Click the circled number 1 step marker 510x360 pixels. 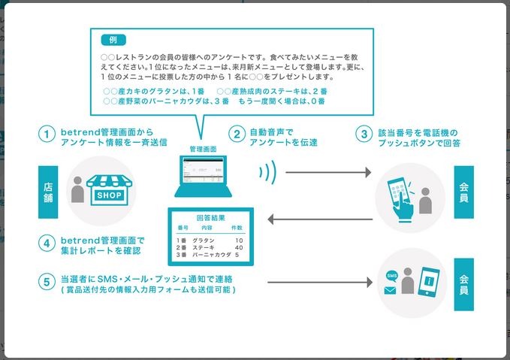point(48,135)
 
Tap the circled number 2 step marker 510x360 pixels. point(237,135)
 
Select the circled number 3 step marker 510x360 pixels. point(364,135)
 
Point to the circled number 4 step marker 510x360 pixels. point(48,244)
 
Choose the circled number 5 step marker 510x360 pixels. point(48,283)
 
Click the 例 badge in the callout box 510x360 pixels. point(113,39)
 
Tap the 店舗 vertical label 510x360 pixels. point(48,192)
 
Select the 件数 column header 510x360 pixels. point(237,226)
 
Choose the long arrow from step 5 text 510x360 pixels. point(320,283)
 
